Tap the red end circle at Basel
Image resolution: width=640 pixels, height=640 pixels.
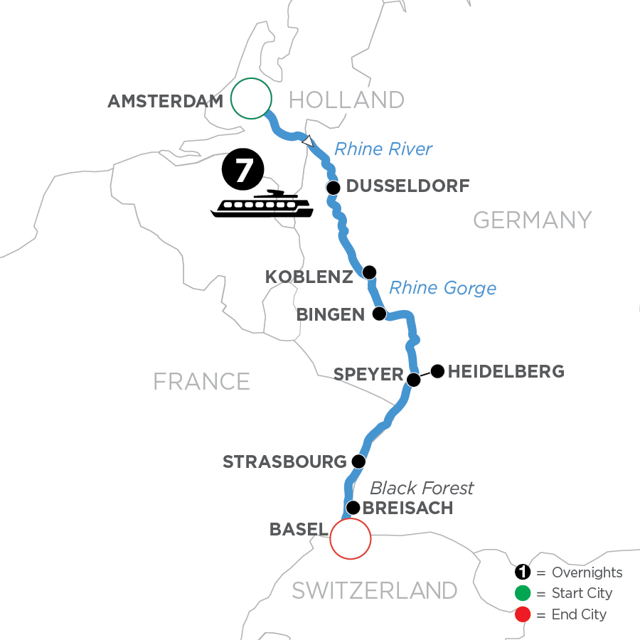coord(351,538)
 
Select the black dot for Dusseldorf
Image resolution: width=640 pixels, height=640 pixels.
coord(333,188)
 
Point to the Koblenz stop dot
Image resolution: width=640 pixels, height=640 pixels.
coord(369,272)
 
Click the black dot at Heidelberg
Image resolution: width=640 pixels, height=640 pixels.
coord(437,370)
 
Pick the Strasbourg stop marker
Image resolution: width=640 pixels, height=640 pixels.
coord(358,462)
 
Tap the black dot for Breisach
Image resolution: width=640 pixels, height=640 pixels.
coord(352,508)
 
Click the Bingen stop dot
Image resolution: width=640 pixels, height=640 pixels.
coord(379,314)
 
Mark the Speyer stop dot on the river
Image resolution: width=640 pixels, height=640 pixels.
coord(413,380)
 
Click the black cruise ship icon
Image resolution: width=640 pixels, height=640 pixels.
coord(262,204)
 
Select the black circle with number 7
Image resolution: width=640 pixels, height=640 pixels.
coord(243,171)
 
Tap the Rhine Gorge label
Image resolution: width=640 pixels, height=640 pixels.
coord(442,288)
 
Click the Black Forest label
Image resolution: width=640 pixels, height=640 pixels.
coord(422,488)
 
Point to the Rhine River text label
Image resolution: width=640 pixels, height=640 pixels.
coord(383,149)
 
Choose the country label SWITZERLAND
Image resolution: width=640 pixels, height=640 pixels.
coord(375,590)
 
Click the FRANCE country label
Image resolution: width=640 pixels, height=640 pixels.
coord(201,381)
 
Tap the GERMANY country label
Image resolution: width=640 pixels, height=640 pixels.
coord(532,220)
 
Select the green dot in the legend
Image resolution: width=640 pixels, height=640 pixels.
coord(523,593)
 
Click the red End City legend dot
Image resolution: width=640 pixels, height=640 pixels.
coord(523,614)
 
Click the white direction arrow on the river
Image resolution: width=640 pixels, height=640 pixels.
coord(307,142)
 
